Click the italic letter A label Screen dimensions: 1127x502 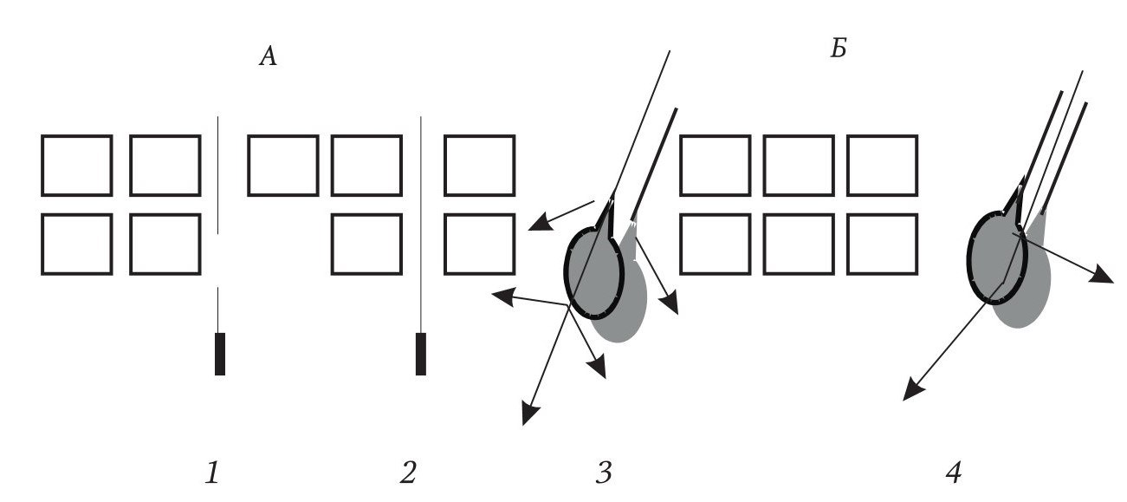269,55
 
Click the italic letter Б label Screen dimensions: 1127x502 839,49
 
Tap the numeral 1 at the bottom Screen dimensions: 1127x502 213,473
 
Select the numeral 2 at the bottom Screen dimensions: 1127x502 408,473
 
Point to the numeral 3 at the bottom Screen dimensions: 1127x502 604,473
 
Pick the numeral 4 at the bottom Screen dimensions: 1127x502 954,473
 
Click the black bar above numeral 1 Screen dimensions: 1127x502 220,354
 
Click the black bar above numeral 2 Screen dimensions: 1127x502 421,354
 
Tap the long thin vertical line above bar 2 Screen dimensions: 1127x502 421,225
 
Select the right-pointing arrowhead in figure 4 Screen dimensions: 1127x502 1102,275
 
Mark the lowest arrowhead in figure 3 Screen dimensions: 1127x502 529,414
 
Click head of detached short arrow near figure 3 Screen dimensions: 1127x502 541,222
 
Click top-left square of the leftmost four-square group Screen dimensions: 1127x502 77,166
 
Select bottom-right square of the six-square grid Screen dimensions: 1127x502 883,244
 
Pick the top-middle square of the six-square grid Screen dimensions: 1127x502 799,166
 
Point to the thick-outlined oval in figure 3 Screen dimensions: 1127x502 566,273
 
